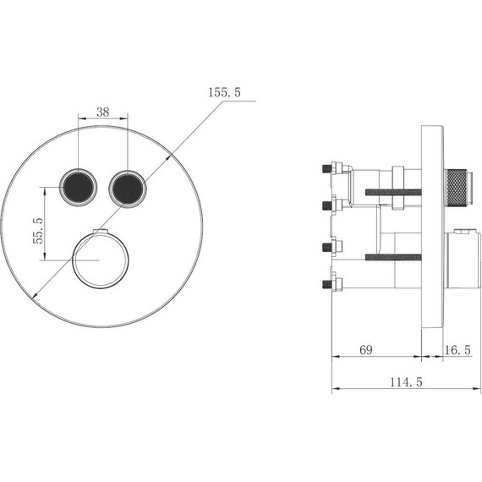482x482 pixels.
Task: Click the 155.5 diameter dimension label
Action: click(x=224, y=92)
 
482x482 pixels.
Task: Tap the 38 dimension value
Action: click(x=103, y=112)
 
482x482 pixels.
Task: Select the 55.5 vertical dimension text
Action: click(x=38, y=231)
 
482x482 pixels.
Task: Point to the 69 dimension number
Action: click(x=366, y=350)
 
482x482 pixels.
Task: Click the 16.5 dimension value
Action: click(x=457, y=350)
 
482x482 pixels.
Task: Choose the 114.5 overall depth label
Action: click(x=406, y=382)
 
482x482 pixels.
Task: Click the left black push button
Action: click(x=78, y=188)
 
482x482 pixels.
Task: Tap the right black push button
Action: click(x=128, y=189)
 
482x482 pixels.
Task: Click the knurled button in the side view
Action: click(x=457, y=188)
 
